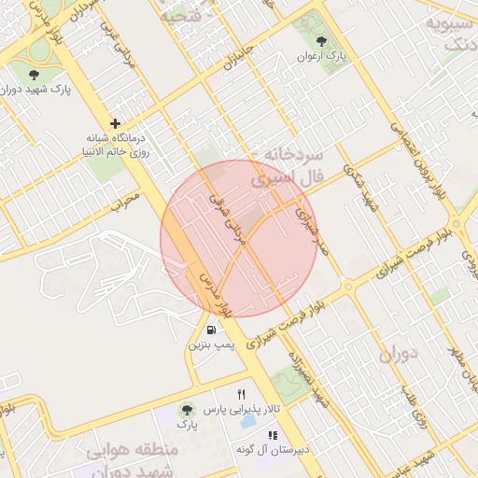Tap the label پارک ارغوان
pyautogui.click(x=322, y=57)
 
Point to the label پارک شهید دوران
pyautogui.click(x=36, y=90)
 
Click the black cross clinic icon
pyautogui.click(x=115, y=123)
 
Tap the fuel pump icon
pyautogui.click(x=212, y=330)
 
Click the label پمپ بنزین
pyautogui.click(x=210, y=345)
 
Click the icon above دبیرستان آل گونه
pyautogui.click(x=273, y=435)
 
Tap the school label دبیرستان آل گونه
pyautogui.click(x=274, y=450)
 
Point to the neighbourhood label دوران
pyautogui.click(x=398, y=356)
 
